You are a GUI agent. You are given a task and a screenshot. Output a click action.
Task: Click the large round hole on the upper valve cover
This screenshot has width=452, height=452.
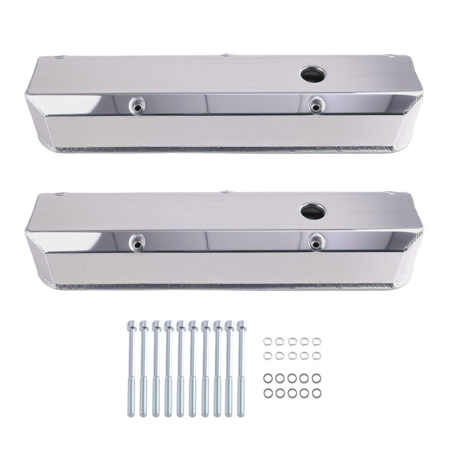pyautogui.click(x=312, y=73)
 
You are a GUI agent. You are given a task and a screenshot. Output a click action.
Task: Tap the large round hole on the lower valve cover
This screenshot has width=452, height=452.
pyautogui.click(x=312, y=209)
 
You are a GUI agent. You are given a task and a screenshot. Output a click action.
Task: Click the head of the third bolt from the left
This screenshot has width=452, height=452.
pyautogui.click(x=156, y=324)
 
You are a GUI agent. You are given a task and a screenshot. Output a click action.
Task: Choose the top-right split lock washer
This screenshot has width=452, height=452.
pyautogui.click(x=315, y=340)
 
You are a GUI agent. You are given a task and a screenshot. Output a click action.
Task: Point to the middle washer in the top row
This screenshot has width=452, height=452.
pyautogui.click(x=291, y=340)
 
